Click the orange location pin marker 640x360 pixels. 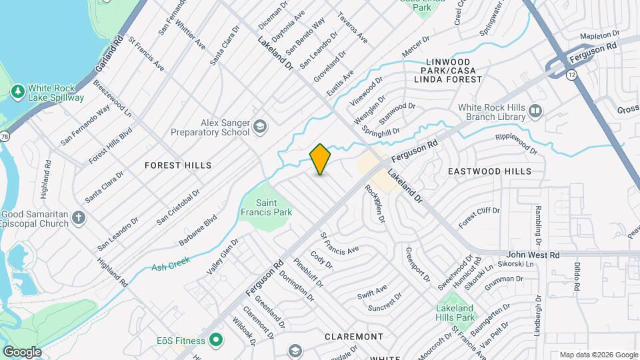click(x=321, y=159)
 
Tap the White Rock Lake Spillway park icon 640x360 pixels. click(x=18, y=90)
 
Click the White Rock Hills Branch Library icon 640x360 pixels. click(x=535, y=110)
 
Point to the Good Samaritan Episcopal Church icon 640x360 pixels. click(x=79, y=217)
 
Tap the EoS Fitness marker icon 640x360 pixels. click(x=215, y=341)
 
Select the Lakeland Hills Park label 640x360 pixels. click(x=455, y=313)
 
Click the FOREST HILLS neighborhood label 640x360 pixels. click(x=179, y=165)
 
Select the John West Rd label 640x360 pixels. click(x=532, y=255)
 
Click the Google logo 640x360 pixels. click(x=22, y=351)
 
